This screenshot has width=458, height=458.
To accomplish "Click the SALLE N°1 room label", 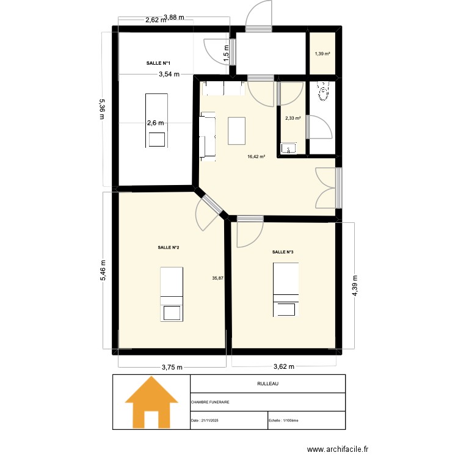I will coord(158,64).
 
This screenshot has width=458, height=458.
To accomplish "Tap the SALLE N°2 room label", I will coord(168,247).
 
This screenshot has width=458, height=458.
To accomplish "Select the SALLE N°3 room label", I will coord(283,252).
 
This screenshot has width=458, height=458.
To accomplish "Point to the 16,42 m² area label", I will coord(256,156).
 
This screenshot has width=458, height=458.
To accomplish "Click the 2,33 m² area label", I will coord(293,118).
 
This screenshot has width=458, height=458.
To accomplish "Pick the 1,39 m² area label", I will coord(322,54).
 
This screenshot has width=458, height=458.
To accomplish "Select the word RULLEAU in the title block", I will coord(267,384).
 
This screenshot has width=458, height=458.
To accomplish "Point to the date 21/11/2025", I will coord(208,420).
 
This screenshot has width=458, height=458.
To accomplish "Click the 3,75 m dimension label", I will coord(172,367).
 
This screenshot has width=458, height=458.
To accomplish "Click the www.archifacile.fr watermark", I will coord(338,449).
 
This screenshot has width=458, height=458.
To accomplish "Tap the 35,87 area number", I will coord(217,278).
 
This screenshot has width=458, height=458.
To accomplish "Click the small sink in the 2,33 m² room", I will coord(288,148).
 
